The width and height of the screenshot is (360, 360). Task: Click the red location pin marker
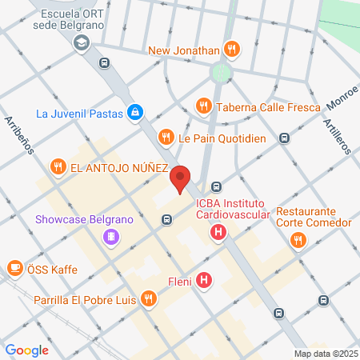tap(181, 179)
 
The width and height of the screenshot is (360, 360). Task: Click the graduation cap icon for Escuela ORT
tap(80, 45)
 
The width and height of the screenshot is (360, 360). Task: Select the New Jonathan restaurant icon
tap(231, 50)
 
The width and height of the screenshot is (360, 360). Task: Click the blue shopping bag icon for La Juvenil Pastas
tap(136, 113)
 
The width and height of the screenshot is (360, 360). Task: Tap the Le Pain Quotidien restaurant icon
tap(166, 137)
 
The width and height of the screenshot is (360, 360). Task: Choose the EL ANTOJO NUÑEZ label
tap(118, 168)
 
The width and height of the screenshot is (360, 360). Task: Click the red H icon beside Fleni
tap(205, 281)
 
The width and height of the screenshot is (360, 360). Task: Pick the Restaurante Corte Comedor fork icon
tap(298, 238)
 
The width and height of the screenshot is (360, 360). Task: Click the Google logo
tap(26, 350)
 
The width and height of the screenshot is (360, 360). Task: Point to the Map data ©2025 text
tap(324, 354)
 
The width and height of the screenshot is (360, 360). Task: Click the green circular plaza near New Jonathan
tap(220, 73)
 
